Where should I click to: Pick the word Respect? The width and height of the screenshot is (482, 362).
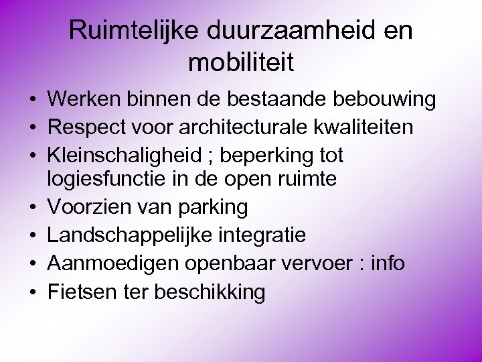[88, 127]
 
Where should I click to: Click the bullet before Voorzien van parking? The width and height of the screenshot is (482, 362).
[32, 208]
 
